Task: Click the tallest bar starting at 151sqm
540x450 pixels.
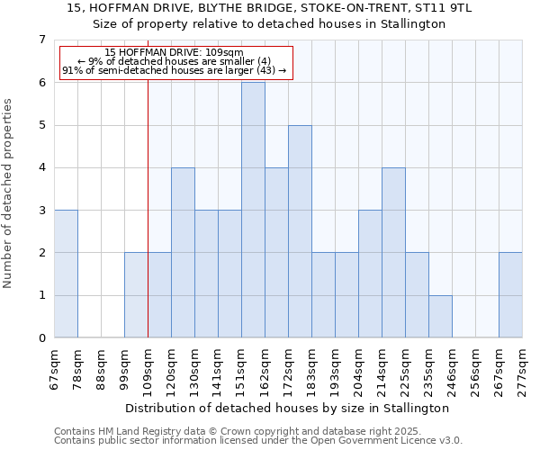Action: (x=253, y=210)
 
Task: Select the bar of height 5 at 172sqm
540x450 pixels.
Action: (x=300, y=231)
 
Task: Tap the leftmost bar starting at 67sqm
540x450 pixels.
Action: (x=66, y=274)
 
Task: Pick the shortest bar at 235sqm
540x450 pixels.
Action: (x=440, y=316)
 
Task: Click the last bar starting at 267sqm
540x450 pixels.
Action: (x=510, y=295)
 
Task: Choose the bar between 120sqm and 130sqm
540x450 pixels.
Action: (x=183, y=253)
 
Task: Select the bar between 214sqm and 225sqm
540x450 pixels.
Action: (x=393, y=253)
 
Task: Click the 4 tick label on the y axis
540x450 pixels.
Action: (x=41, y=167)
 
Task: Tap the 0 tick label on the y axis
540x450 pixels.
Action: (x=41, y=338)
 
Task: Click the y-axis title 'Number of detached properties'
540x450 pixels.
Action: (x=9, y=193)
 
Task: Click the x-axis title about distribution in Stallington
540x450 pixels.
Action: (x=287, y=408)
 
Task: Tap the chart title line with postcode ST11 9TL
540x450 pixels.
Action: (x=270, y=8)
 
